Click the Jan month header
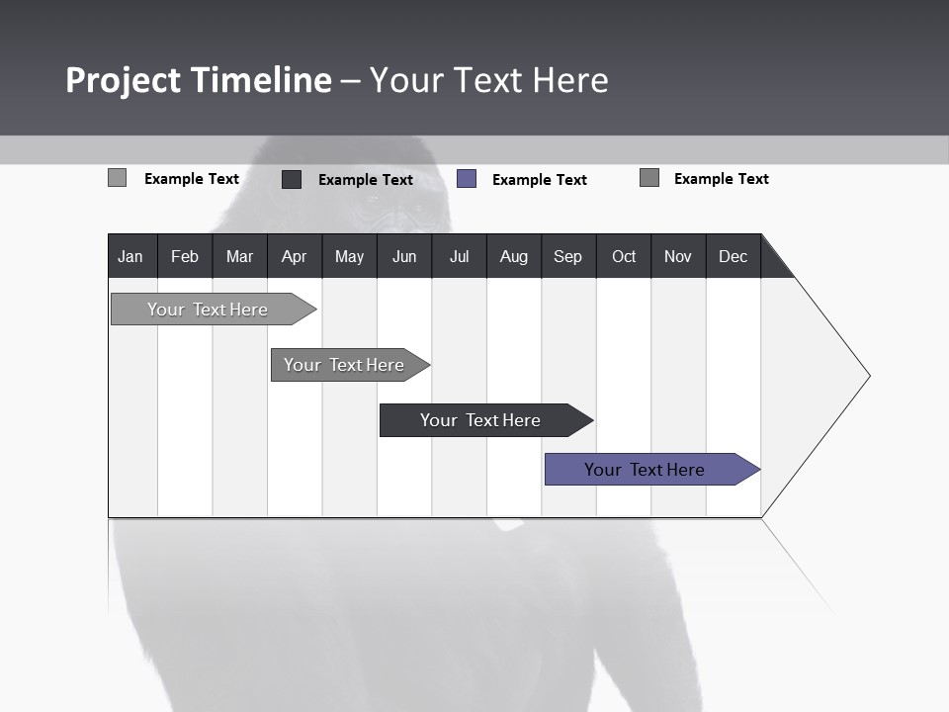(130, 257)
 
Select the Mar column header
(239, 257)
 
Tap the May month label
(349, 257)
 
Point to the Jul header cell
(459, 257)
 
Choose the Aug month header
(514, 257)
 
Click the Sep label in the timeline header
(568, 257)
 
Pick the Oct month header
(624, 257)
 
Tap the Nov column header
(678, 257)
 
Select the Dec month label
(733, 257)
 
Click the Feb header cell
(185, 257)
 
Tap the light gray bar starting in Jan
(209, 310)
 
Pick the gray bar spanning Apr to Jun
(345, 365)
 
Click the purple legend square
(467, 179)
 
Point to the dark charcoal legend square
(292, 179)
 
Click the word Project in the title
(123, 80)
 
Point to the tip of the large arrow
(868, 376)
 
